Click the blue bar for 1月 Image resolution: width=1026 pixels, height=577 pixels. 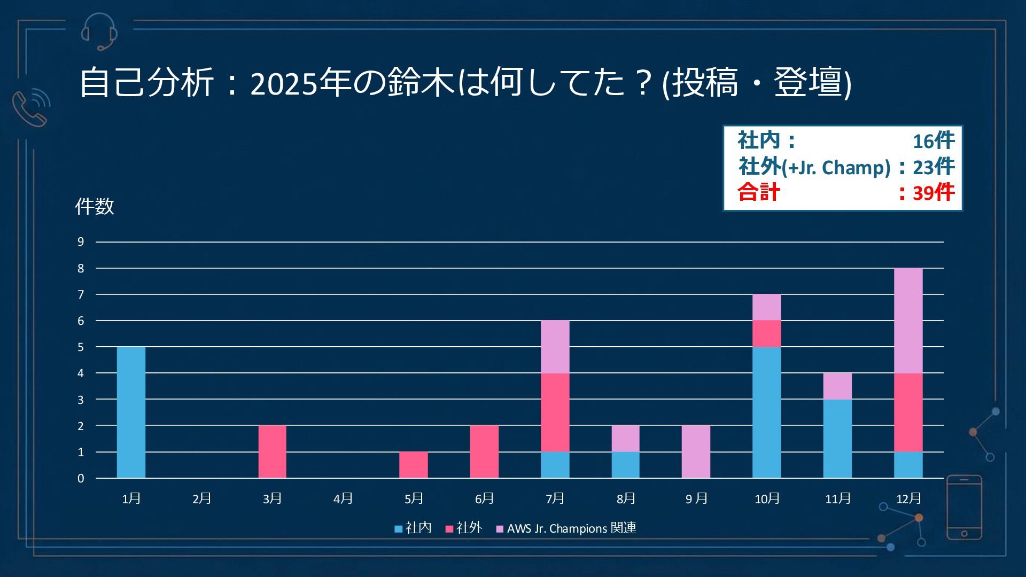pos(131,412)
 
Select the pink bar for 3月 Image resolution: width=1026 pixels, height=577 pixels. pos(272,451)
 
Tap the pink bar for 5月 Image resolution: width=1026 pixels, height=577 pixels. pos(413,465)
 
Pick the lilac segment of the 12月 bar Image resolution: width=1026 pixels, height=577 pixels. pos(908,321)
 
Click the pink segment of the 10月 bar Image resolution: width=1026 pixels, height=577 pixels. pos(766,333)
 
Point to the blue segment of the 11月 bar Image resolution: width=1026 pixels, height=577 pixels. pos(837,438)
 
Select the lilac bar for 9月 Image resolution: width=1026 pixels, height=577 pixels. pos(696,451)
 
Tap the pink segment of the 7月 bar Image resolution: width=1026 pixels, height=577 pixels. pos(555,412)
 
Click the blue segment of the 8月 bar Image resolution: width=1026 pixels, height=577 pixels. pos(625,465)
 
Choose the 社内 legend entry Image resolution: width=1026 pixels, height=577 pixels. pos(413,528)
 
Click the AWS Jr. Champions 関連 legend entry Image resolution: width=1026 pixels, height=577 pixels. pos(566,528)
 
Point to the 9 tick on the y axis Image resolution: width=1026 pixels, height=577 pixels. pos(81,242)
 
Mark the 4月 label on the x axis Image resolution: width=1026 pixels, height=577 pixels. pos(343,498)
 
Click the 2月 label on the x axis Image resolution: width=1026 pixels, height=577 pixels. pos(202,498)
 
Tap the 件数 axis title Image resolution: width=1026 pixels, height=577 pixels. pos(95,206)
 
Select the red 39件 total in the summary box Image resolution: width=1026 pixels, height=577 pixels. pos(933,192)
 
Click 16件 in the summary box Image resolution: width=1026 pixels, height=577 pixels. pos(933,141)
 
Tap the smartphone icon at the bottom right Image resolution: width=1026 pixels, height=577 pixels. pos(964,508)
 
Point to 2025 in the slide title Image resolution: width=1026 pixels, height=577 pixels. pos(283,83)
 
